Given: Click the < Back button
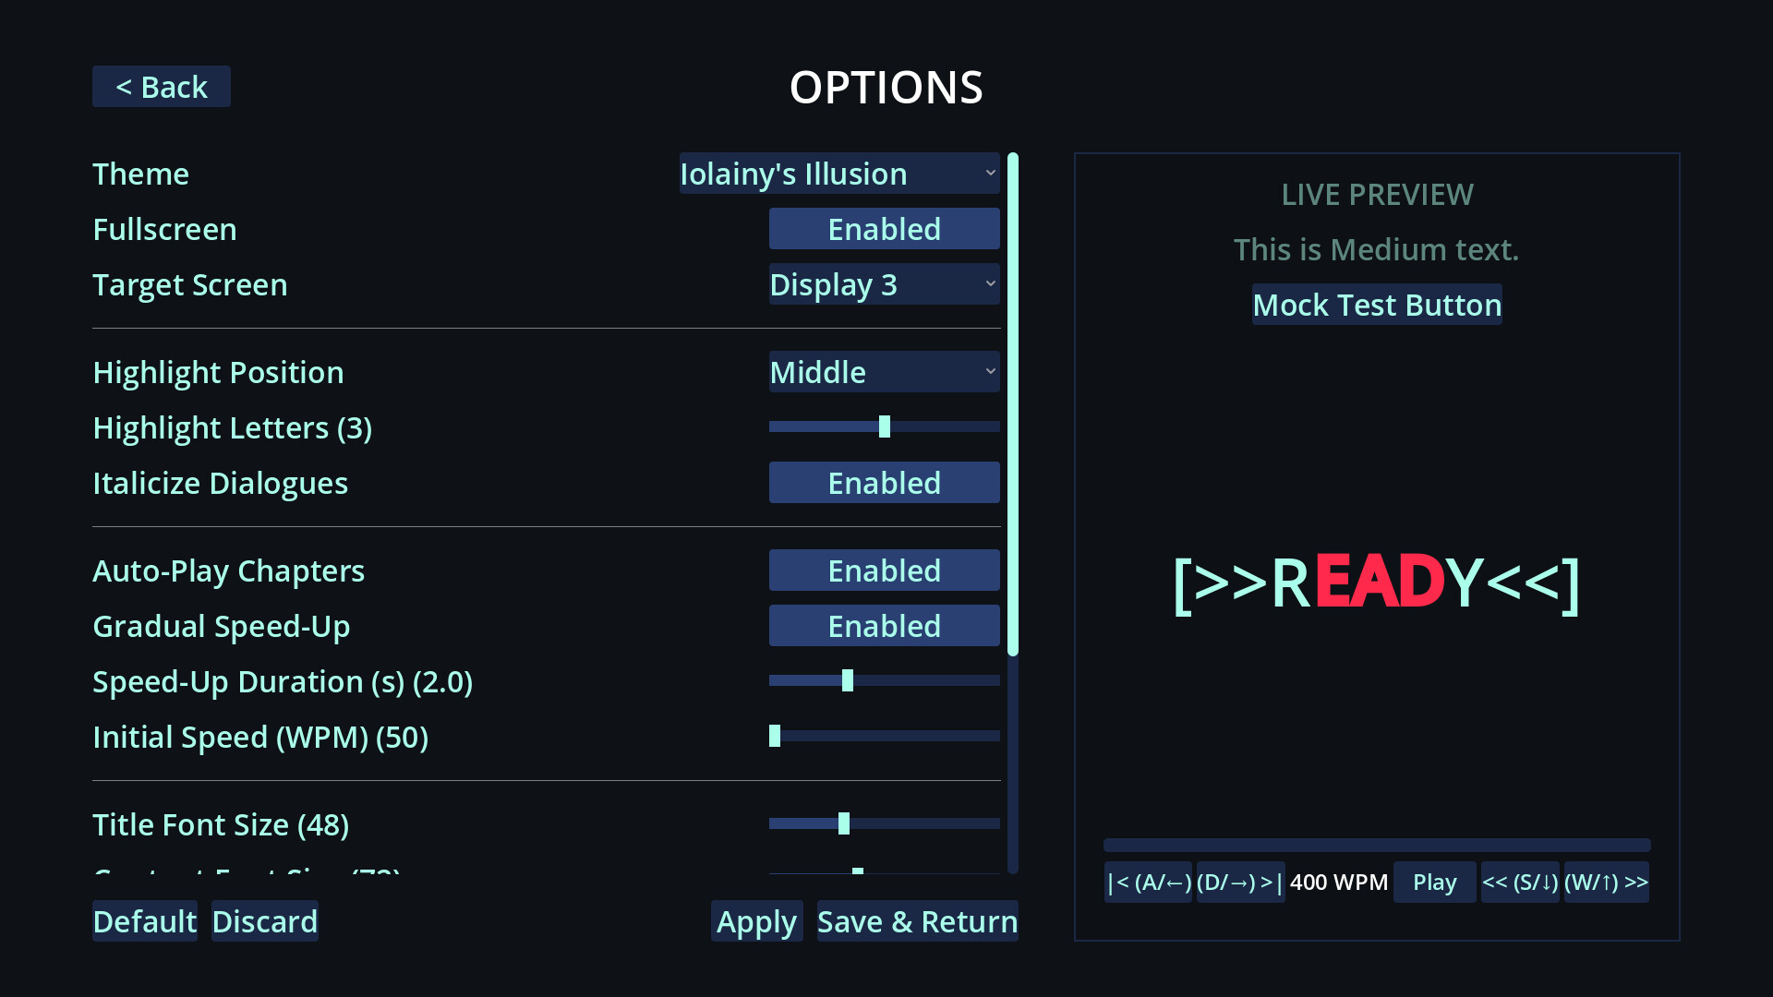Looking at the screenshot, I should [162, 87].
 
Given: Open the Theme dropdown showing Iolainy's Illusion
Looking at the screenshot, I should [838, 174].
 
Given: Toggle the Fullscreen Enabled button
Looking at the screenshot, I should [884, 229].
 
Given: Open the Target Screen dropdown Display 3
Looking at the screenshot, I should [884, 284].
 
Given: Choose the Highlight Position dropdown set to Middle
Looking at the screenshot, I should [884, 372].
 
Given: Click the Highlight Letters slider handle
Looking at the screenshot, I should [885, 426].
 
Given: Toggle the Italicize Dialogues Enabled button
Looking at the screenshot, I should [884, 483].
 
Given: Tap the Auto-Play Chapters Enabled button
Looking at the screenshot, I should [884, 571].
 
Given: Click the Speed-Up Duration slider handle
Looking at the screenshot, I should [848, 680].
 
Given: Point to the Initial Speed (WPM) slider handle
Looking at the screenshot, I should [775, 736].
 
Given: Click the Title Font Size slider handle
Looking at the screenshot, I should [844, 823].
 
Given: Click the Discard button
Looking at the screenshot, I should [264, 921].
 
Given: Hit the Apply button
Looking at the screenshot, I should [756, 921].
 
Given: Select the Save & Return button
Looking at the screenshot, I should [917, 921].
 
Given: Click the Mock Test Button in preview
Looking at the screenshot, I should [1377, 305].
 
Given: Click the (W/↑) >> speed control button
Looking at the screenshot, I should [1606, 883].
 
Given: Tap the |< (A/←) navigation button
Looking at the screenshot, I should [1149, 883].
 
